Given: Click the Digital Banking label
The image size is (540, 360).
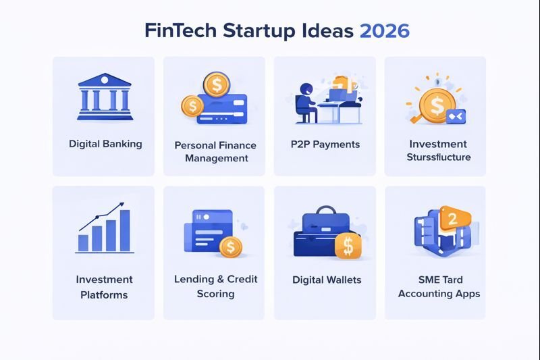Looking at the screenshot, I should [x=105, y=144].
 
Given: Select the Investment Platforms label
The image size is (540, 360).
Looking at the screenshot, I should [x=104, y=287].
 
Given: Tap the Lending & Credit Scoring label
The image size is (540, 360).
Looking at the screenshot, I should [x=215, y=286].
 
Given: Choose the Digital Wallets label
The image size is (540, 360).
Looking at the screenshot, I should [x=327, y=280].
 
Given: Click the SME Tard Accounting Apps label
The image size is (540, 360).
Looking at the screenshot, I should [x=439, y=286].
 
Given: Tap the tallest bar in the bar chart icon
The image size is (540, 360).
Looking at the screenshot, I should [x=124, y=230].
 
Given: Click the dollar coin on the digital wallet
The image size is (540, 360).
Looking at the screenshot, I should [x=348, y=247].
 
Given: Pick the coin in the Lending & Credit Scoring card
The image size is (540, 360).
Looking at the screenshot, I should [x=230, y=247].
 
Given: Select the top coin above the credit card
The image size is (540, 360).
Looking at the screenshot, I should [x=216, y=84].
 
